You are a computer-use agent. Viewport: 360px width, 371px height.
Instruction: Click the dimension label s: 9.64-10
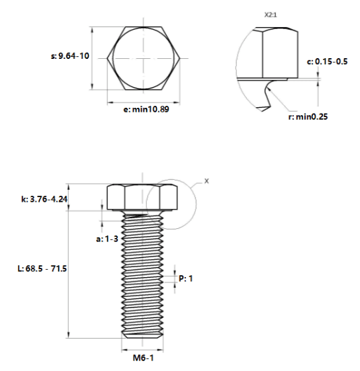click(x=70, y=56)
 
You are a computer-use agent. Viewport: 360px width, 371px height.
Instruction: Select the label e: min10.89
click(x=146, y=109)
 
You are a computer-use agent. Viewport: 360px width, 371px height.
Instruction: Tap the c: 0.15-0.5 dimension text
click(x=327, y=62)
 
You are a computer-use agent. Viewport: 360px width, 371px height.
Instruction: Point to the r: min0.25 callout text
click(x=308, y=116)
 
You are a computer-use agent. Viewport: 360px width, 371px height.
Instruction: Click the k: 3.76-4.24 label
click(x=44, y=199)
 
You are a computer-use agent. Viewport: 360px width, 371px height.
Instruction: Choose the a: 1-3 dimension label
click(x=107, y=239)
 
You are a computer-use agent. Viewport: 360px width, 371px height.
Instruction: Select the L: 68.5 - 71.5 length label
click(x=42, y=268)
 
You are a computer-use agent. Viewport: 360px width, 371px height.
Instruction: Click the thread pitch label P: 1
click(x=186, y=278)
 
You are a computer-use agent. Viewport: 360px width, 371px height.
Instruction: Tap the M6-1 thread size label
click(x=143, y=358)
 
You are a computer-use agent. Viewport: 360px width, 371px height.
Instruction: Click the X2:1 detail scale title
click(x=271, y=15)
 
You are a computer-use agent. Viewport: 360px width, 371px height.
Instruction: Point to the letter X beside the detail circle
click(x=206, y=181)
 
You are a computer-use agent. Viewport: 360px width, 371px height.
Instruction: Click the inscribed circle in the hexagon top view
click(x=113, y=58)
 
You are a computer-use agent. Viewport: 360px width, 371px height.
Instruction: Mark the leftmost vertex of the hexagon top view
click(x=107, y=58)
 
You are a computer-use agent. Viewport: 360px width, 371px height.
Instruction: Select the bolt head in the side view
click(x=142, y=197)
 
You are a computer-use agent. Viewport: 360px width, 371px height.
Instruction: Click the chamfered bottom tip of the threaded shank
click(x=142, y=335)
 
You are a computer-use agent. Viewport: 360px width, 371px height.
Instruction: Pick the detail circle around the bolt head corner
click(x=196, y=204)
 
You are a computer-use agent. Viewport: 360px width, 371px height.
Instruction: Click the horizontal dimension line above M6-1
click(x=142, y=350)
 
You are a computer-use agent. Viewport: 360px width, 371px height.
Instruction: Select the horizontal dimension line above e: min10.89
click(x=144, y=103)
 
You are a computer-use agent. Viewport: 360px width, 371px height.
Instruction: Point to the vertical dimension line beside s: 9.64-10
click(x=93, y=58)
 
